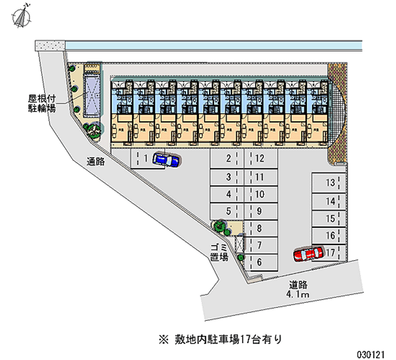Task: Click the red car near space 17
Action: coord(307,255)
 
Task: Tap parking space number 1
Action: coord(145,159)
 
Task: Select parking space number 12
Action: coord(260,159)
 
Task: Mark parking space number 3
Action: coord(228,177)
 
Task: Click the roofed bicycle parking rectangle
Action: coord(92,94)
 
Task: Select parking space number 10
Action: coord(259,194)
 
